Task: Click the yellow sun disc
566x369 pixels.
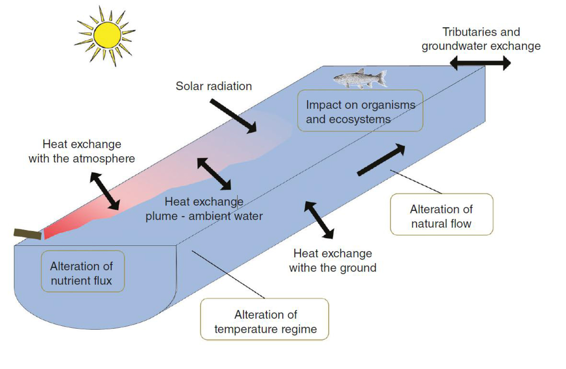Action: coord(107,35)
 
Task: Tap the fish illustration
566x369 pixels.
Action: coord(360,78)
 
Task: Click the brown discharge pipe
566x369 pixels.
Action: coord(27,234)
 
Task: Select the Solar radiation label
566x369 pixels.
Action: coord(214,86)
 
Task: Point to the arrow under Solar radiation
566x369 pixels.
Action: coord(233,116)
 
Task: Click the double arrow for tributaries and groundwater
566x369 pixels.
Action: coord(480,63)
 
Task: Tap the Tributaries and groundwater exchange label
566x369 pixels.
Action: coord(481,39)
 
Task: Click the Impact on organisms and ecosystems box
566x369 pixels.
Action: coord(360,111)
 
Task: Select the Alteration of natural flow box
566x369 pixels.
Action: coord(441,214)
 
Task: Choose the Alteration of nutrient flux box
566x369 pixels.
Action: coord(83,271)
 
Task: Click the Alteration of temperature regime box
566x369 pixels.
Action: coord(265,319)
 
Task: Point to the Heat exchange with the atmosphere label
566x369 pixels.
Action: coord(82,151)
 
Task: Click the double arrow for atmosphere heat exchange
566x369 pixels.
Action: coord(105,191)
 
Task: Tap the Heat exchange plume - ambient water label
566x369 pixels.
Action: coord(204,209)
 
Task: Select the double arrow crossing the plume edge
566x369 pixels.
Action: coord(214,174)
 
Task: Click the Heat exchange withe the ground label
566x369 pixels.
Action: coord(333,261)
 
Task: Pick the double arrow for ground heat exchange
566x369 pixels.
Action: coord(319,220)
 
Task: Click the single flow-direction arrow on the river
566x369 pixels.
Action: coord(381,160)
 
